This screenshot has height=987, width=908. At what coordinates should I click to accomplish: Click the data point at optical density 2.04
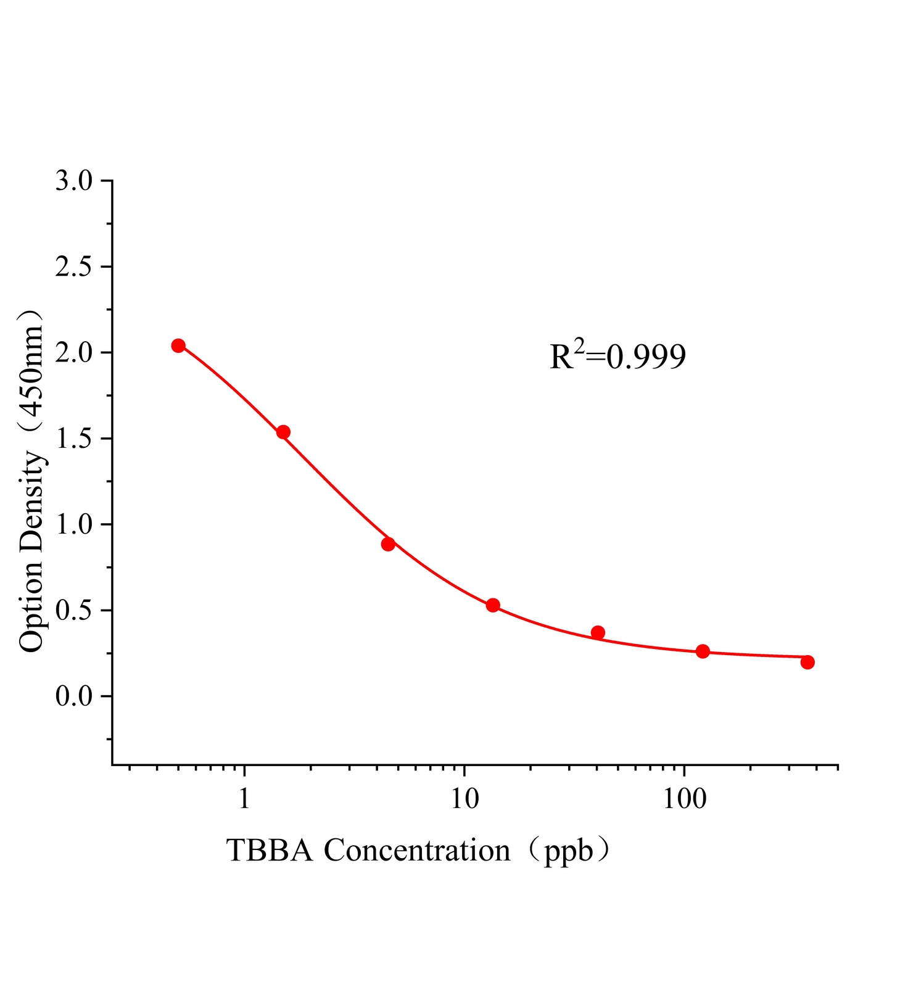tap(178, 345)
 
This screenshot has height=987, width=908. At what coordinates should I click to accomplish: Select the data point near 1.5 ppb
tap(283, 432)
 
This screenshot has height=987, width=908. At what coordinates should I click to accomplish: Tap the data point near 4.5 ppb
tap(388, 544)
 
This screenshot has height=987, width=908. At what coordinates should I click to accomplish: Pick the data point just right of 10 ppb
tap(493, 605)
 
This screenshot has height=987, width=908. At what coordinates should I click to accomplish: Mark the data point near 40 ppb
tap(598, 632)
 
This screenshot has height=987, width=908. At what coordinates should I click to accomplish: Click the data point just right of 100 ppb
tap(703, 651)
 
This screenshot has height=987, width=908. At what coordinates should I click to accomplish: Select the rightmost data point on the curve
tap(807, 662)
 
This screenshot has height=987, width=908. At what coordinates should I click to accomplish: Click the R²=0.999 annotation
tap(617, 357)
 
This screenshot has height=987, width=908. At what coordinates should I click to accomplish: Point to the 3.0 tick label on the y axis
tap(73, 181)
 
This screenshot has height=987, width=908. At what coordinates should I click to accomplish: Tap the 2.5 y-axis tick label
tap(73, 267)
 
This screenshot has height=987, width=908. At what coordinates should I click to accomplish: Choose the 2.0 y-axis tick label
tap(73, 353)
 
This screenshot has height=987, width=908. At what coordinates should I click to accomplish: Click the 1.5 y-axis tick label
tap(73, 439)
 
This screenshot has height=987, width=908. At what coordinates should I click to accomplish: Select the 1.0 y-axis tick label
tap(73, 525)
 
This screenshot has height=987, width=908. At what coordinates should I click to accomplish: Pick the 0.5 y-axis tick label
tap(73, 611)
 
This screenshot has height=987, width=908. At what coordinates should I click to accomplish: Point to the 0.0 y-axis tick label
tap(73, 697)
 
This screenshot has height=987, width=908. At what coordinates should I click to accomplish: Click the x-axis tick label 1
tap(244, 799)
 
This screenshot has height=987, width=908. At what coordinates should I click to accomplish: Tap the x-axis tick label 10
tap(464, 799)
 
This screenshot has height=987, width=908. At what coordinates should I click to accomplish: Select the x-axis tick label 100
tap(684, 799)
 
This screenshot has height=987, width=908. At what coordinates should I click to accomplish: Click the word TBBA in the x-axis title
tap(271, 851)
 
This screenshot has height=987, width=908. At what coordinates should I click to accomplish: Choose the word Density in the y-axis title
tap(32, 503)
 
